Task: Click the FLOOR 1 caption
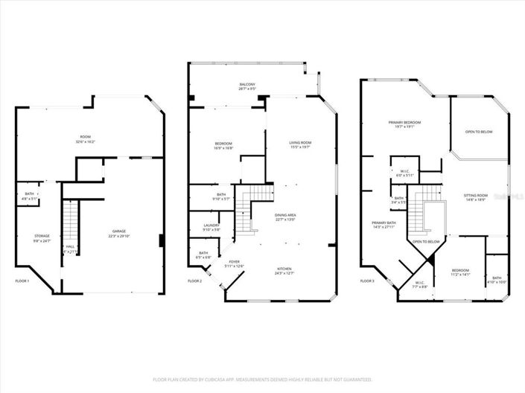click(x=22, y=281)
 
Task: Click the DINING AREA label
click(x=285, y=217)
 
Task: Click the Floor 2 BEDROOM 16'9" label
click(x=223, y=145)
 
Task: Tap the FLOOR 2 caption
click(x=194, y=281)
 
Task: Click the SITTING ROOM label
click(x=475, y=196)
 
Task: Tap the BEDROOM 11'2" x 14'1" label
click(x=461, y=272)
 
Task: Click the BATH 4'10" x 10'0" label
click(x=497, y=280)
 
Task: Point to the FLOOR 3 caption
click(x=367, y=281)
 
